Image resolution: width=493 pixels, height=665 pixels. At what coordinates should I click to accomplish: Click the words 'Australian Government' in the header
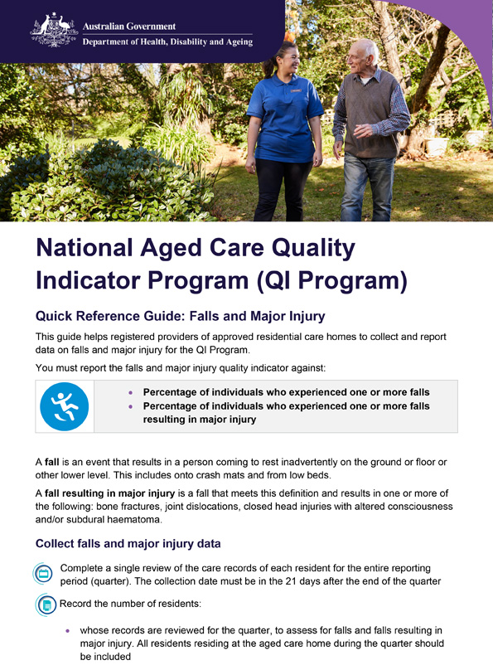pyautogui.click(x=128, y=26)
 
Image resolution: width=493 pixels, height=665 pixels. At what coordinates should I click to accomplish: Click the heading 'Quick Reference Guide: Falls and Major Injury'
pyautogui.click(x=179, y=316)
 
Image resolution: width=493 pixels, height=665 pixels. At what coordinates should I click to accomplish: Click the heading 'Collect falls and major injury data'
pyautogui.click(x=128, y=545)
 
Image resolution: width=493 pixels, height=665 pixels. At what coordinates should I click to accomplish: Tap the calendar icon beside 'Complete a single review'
pyautogui.click(x=44, y=573)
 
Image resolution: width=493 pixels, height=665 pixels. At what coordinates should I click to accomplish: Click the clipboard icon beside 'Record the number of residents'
pyautogui.click(x=47, y=605)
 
